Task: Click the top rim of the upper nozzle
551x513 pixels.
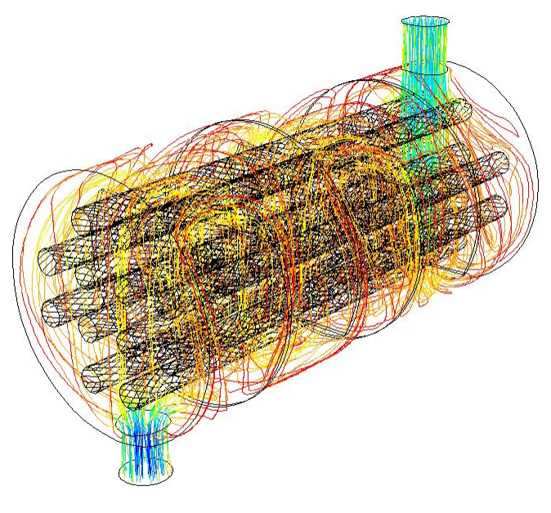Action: point(425,20)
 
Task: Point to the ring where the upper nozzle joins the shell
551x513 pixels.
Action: point(425,72)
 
